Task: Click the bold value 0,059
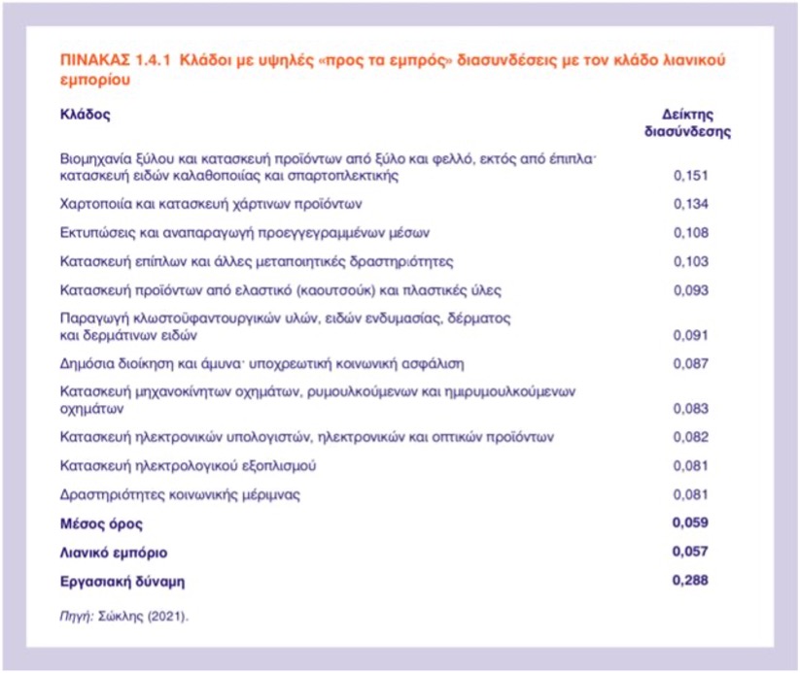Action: click(x=689, y=523)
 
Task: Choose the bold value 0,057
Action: click(x=689, y=552)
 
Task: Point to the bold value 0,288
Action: click(x=689, y=581)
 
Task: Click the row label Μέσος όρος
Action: click(x=101, y=524)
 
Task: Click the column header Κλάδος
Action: click(x=85, y=114)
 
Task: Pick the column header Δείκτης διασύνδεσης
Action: click(x=688, y=122)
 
